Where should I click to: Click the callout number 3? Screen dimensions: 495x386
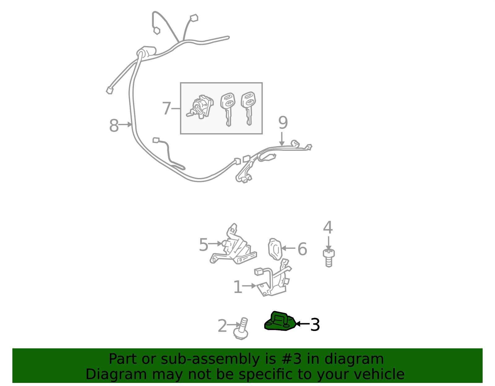(315, 325)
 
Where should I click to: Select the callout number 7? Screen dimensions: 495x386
(166, 108)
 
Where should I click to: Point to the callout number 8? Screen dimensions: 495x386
(114, 125)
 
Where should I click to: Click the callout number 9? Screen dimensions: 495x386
(283, 123)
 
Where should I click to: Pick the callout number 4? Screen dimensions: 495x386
(328, 227)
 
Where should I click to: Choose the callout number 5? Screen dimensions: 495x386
(204, 245)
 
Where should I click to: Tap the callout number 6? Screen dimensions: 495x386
(302, 249)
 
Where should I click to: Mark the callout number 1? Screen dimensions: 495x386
(238, 287)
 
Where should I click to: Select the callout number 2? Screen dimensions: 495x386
(222, 326)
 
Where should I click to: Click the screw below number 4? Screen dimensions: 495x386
(329, 258)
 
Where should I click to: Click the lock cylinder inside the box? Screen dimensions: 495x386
(200, 107)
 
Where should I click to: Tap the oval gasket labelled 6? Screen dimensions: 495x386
(275, 249)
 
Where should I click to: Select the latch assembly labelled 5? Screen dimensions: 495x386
(234, 245)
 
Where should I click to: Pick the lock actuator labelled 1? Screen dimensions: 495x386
(273, 279)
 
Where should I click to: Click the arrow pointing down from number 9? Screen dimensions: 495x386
(282, 139)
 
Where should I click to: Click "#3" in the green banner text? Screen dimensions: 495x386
(289, 359)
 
